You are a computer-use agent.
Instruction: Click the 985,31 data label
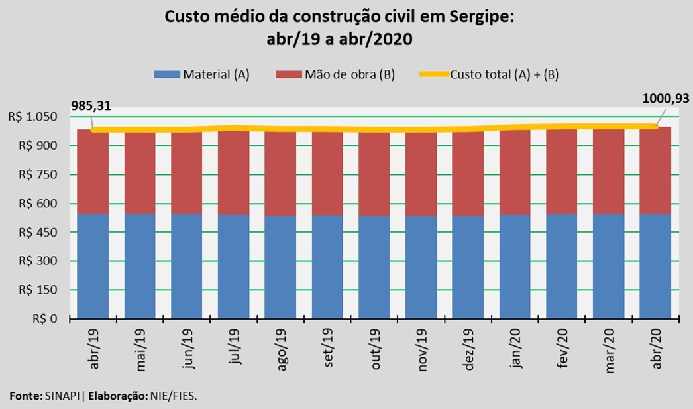tap(93, 105)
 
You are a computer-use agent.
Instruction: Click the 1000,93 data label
tap(665, 99)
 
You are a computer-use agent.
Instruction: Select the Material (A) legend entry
tap(201, 74)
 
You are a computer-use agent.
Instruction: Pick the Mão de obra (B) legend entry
tap(339, 74)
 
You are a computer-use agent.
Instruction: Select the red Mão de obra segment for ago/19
tap(280, 174)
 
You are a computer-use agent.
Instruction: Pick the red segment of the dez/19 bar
tap(468, 174)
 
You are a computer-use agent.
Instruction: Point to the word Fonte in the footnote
tap(25, 396)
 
